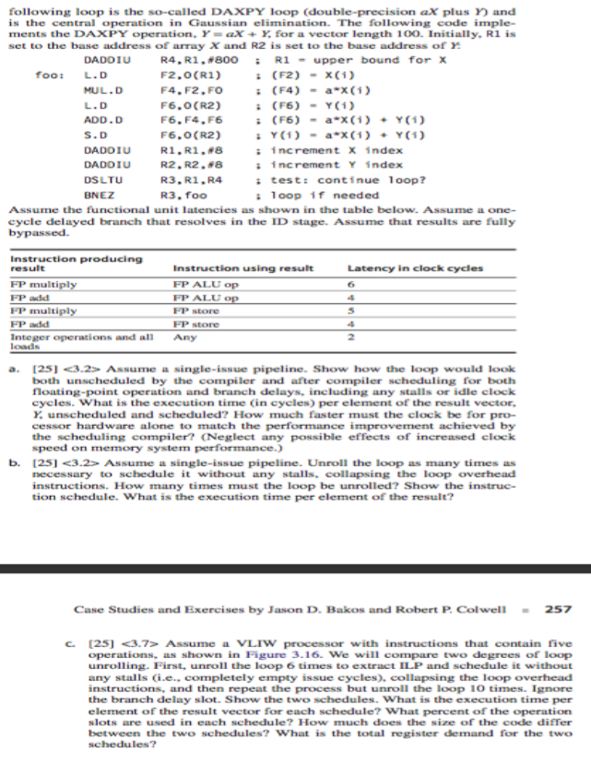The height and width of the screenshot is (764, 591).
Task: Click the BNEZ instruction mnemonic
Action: coord(95,195)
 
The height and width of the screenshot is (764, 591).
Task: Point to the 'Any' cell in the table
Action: coord(183,335)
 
